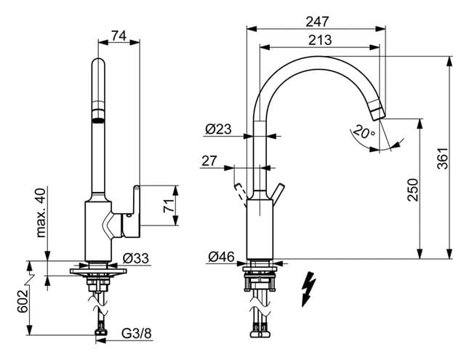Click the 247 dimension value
[x=317, y=21]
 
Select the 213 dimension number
[x=320, y=40]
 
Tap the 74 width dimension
[x=119, y=36]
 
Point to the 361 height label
[x=442, y=159]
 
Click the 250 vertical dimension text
[x=412, y=190]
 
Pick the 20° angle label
[x=364, y=132]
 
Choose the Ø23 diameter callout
[x=218, y=129]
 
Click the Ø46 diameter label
[x=221, y=257]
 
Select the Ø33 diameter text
[x=136, y=258]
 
